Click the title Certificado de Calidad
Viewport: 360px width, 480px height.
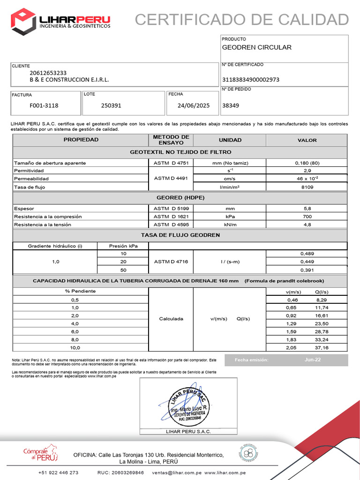[242, 20]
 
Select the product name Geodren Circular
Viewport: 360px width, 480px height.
[256, 47]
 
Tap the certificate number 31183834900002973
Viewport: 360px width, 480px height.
[251, 79]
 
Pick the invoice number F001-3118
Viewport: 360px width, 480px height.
[44, 105]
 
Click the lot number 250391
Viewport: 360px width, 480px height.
[111, 105]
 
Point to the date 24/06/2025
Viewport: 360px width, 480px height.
[194, 105]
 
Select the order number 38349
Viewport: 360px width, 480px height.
[231, 105]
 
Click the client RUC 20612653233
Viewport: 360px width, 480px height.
[48, 73]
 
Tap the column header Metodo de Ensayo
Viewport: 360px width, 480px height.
[171, 140]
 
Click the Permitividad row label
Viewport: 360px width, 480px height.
[29, 171]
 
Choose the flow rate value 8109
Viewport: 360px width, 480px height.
[307, 187]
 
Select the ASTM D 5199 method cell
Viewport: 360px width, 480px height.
[171, 208]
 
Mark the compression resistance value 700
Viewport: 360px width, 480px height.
[307, 217]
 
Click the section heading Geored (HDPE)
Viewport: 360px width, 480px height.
[180, 197]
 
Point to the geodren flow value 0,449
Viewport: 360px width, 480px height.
[307, 262]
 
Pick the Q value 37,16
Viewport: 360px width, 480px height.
[322, 348]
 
